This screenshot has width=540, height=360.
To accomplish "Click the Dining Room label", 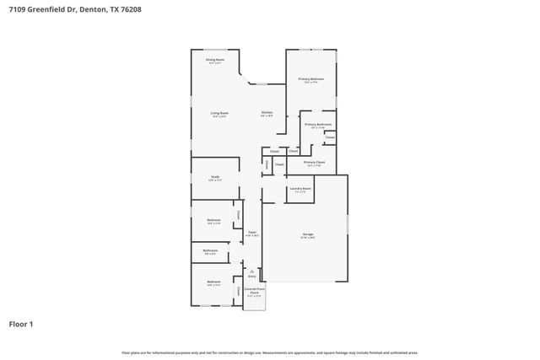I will (215, 60).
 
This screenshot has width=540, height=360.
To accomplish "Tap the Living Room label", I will (219, 113).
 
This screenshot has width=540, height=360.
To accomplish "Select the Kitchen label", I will (267, 113).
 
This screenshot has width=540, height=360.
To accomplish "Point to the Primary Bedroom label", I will (310, 78).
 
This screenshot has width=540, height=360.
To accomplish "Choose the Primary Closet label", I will (314, 162).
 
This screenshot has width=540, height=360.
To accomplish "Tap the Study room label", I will (215, 176).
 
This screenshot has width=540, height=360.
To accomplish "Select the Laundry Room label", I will (301, 189).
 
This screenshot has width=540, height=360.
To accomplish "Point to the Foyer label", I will (251, 232).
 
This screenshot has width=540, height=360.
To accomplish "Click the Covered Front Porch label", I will (253, 290).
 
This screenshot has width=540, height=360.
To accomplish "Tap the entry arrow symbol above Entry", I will (251, 270).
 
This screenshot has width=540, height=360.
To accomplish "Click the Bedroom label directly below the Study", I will (213, 220).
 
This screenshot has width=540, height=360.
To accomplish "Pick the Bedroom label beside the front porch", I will (213, 282).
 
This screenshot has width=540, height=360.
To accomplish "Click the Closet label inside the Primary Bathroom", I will (330, 137).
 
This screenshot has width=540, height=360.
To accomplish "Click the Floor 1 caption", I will (22, 324).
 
